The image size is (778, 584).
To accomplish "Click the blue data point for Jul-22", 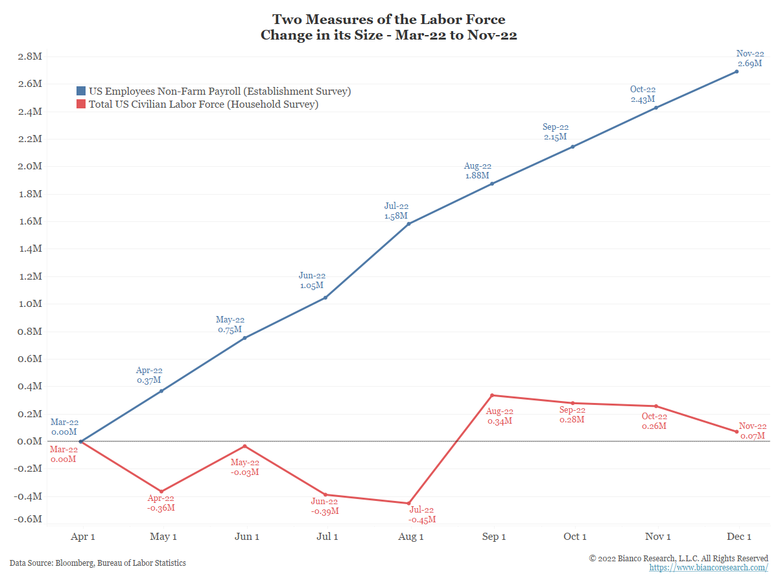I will (x=408, y=224).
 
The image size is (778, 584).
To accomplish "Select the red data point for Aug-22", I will (x=492, y=395).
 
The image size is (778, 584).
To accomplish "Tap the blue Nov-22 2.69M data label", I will (x=750, y=58).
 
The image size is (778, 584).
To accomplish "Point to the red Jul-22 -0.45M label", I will (x=421, y=515).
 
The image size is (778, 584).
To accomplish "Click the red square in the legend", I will (x=81, y=104).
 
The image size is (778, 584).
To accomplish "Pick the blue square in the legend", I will (x=81, y=91).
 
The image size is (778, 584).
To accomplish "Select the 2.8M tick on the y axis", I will (x=30, y=56).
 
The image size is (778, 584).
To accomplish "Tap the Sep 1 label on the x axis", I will (x=495, y=537).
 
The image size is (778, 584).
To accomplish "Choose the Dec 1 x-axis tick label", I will (x=739, y=537).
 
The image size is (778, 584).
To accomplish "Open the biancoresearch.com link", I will (x=709, y=568).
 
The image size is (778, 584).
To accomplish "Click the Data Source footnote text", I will (x=98, y=563).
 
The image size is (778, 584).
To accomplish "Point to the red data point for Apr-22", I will (x=161, y=491).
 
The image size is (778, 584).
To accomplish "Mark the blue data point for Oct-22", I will (x=655, y=108).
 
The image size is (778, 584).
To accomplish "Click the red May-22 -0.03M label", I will (x=245, y=467).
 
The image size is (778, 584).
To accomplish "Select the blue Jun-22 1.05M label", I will (x=312, y=280).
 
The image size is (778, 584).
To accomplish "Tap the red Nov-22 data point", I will (x=737, y=432).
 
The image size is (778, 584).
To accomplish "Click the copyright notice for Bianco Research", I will (x=678, y=558).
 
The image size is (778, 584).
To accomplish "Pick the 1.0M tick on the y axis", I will (x=30, y=304).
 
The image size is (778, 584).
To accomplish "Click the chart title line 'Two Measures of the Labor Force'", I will (x=388, y=19).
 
